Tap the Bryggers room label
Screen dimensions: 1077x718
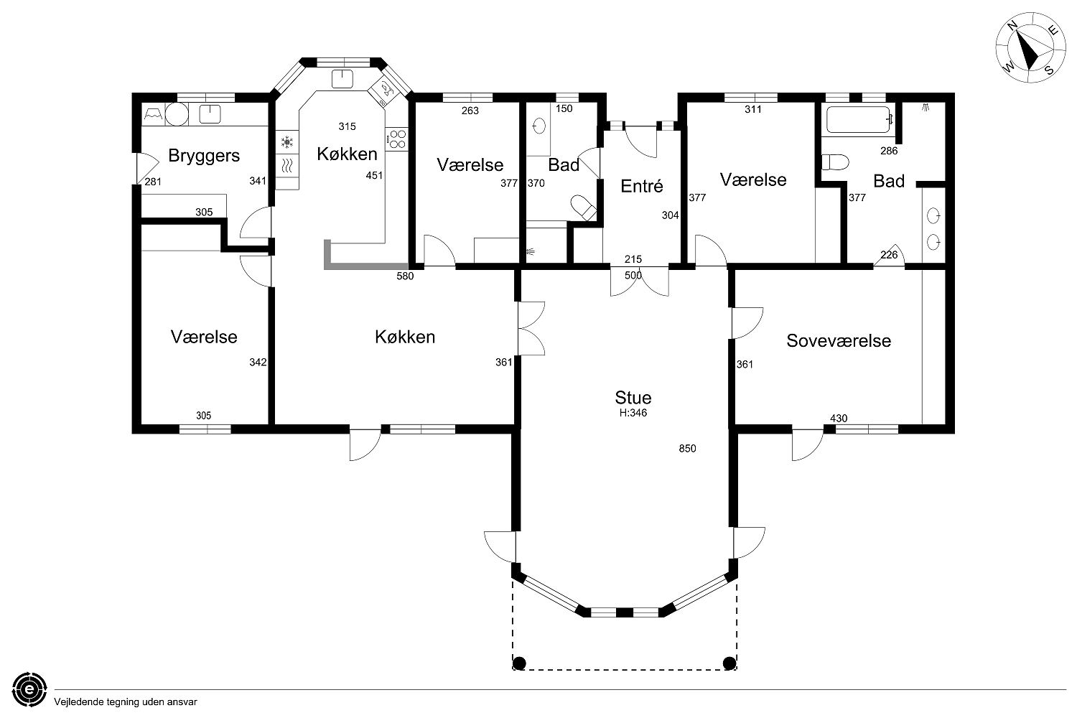click(204, 156)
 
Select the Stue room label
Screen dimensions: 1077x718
click(633, 398)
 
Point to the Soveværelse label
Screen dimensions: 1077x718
click(839, 340)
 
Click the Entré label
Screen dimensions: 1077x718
click(642, 186)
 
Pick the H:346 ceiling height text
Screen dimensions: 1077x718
click(633, 413)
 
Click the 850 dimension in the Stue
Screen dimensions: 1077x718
click(687, 448)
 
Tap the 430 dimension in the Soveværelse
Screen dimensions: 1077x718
click(839, 419)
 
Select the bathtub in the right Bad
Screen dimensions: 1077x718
click(859, 119)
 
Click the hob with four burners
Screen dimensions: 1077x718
click(396, 139)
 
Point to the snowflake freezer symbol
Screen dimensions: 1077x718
click(287, 142)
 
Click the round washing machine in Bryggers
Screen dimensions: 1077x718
click(177, 114)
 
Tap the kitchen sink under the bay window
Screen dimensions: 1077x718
click(342, 79)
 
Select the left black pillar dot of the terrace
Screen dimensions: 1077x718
click(519, 663)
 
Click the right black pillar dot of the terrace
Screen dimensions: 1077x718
click(729, 663)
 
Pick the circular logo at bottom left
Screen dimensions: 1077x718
click(29, 689)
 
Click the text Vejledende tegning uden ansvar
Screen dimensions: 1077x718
click(126, 702)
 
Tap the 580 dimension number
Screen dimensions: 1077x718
click(405, 276)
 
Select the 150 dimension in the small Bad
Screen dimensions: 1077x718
click(564, 108)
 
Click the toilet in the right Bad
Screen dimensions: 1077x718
click(834, 162)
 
